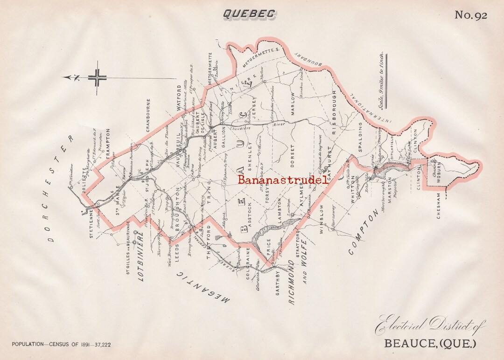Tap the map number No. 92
(x=470, y=15)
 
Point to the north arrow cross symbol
(x=98, y=78)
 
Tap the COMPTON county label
(x=363, y=232)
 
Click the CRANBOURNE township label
(x=148, y=115)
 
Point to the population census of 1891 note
(x=61, y=345)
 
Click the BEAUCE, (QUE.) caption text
(x=430, y=344)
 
